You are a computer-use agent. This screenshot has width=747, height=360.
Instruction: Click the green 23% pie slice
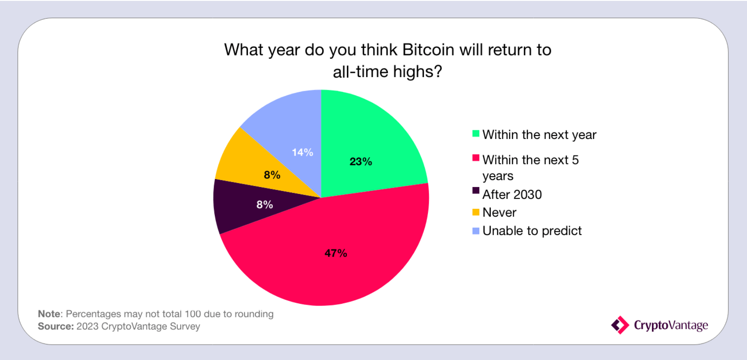pyautogui.click(x=367, y=147)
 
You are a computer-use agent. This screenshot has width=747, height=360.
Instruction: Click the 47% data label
pyautogui.click(x=336, y=253)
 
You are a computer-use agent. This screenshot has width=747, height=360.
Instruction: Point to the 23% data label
pyautogui.click(x=361, y=162)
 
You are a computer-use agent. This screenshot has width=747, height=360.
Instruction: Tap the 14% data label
pyautogui.click(x=302, y=153)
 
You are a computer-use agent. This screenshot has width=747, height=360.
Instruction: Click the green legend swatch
pyautogui.click(x=476, y=133)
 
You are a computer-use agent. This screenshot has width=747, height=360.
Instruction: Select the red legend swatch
pyautogui.click(x=476, y=158)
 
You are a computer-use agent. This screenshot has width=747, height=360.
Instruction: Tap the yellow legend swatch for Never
pyautogui.click(x=476, y=212)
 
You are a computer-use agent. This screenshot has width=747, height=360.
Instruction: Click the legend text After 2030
pyautogui.click(x=512, y=194)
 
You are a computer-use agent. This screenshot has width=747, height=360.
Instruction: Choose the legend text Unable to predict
pyautogui.click(x=532, y=231)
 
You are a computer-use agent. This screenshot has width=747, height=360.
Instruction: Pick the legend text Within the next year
pyautogui.click(x=540, y=135)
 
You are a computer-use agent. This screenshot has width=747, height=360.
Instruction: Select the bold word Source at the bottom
pyautogui.click(x=56, y=326)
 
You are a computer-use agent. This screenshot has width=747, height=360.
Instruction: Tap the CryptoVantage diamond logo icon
pyautogui.click(x=620, y=325)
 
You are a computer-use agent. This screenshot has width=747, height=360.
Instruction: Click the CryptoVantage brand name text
pyautogui.click(x=671, y=325)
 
